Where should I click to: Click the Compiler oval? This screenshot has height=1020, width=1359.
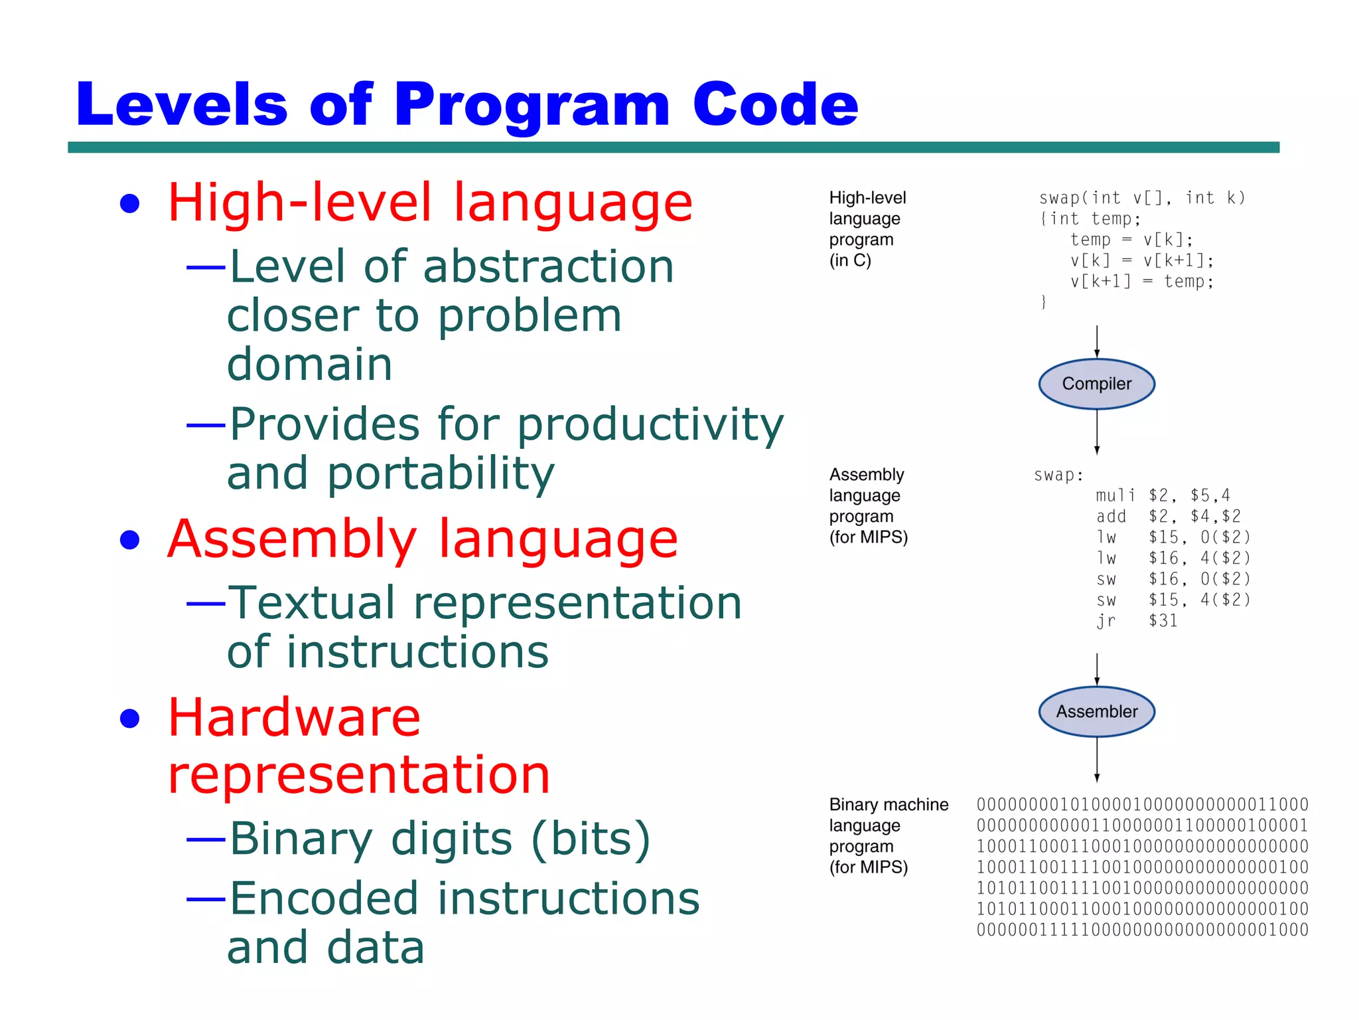[x=1096, y=384]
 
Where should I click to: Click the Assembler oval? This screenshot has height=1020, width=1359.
[x=1096, y=711]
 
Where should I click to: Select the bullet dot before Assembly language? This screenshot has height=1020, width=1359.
[x=130, y=540]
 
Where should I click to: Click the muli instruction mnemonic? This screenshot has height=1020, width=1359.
[x=1115, y=495]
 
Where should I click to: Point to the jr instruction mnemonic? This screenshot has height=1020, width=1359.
[x=1106, y=621]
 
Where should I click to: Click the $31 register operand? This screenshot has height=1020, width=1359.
[x=1163, y=621]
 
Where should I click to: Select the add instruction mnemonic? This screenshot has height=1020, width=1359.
[x=1111, y=516]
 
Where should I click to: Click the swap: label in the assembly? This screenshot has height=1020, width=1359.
[x=1058, y=475]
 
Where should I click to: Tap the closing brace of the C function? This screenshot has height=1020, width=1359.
[x=1044, y=302]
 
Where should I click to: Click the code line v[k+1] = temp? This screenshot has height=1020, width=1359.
[x=1141, y=282]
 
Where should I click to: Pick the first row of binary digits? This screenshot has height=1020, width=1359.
[x=1142, y=805]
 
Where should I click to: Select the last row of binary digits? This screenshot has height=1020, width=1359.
[x=1142, y=930]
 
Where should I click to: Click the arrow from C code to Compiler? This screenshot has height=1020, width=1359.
[x=1097, y=341]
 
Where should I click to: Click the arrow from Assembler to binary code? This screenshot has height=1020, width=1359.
[x=1097, y=760]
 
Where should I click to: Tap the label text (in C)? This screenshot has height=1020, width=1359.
[x=850, y=260]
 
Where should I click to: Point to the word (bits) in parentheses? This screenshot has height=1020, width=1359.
[x=591, y=838]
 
